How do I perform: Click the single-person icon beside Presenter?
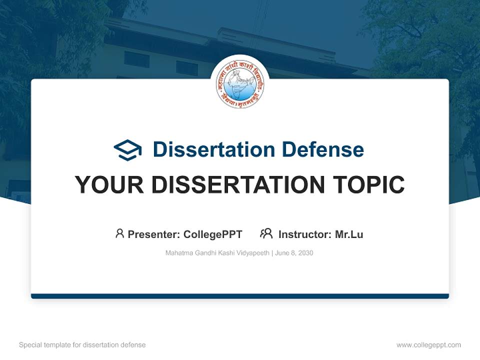click(119, 233)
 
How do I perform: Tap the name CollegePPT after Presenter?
click(213, 234)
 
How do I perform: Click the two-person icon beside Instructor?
click(266, 233)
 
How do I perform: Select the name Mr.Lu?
click(349, 234)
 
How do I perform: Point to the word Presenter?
click(154, 234)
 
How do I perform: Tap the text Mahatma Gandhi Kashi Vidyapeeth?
click(217, 253)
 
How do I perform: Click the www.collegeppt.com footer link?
click(428, 345)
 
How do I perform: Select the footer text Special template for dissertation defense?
click(82, 345)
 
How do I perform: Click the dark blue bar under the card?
click(240, 296)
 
